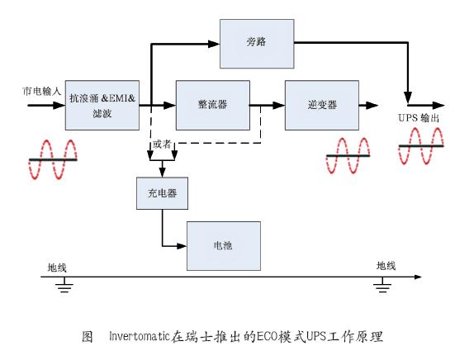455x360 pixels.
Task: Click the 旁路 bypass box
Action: [x=257, y=44]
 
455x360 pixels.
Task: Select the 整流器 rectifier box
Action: [x=213, y=105]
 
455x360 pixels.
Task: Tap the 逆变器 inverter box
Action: [x=322, y=105]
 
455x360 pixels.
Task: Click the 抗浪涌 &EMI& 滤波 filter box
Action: [x=102, y=105]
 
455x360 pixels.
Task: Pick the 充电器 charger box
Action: [x=162, y=193]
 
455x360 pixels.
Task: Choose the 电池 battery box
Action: [x=224, y=246]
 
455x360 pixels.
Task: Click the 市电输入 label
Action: [x=42, y=92]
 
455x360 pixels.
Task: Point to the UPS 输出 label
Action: [x=419, y=118]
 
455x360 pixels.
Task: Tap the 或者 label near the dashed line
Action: [x=162, y=144]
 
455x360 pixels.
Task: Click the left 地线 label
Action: [x=57, y=268]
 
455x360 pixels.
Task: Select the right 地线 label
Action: [x=386, y=266]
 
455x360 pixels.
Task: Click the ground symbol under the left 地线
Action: [x=64, y=285]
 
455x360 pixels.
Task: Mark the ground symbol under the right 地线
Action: [x=382, y=285]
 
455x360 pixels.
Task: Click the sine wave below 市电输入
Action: [x=53, y=159]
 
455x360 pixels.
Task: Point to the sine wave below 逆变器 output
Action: [x=348, y=156]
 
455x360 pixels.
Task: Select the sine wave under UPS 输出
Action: [x=421, y=146]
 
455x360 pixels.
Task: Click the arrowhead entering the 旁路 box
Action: [x=214, y=44]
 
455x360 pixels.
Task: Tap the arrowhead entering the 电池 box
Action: [x=182, y=246]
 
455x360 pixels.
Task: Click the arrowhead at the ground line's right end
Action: [x=418, y=277]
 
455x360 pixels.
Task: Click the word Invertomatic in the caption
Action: [x=139, y=336]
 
